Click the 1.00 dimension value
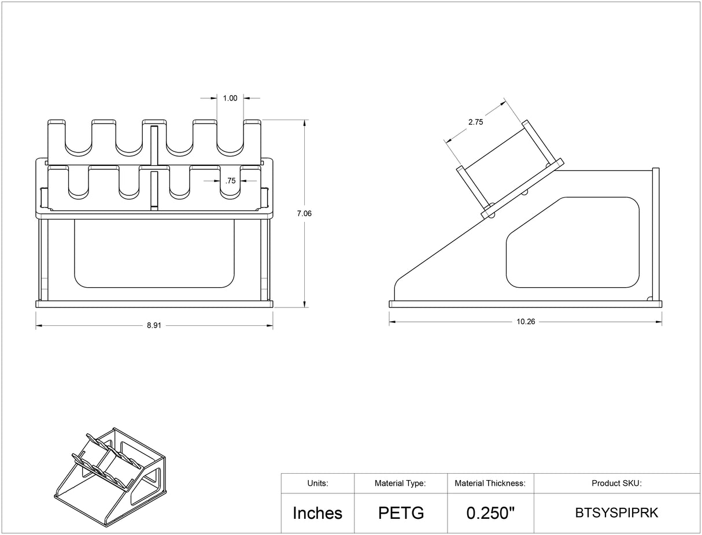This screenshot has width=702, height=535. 230,98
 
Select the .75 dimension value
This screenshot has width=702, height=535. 230,181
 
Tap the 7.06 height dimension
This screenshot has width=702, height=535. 304,213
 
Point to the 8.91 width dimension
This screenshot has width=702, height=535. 154,326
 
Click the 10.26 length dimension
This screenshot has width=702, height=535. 526,322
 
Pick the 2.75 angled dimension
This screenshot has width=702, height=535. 475,122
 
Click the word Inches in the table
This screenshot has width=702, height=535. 317,513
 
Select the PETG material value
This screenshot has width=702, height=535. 401,513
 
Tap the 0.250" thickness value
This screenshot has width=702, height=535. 490,513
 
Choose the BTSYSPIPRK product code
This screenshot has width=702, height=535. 616,513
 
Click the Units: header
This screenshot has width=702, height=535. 317,484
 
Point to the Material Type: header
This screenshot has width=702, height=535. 401,484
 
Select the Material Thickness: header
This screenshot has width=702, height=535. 490,484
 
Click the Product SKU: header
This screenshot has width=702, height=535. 616,484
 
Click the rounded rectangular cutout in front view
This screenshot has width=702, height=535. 154,253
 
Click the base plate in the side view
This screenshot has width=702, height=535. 526,304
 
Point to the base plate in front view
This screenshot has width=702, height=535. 154,303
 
